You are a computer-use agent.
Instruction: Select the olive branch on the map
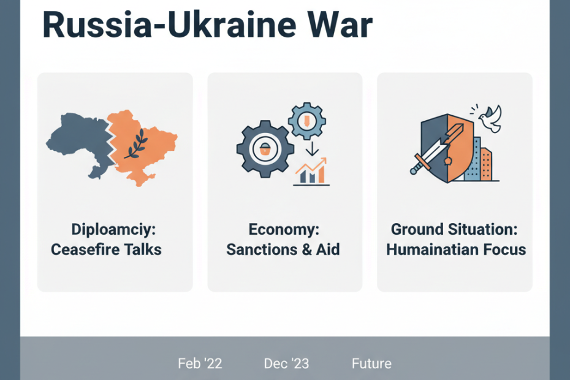(x=136, y=145)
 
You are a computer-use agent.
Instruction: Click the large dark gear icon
(x=265, y=149)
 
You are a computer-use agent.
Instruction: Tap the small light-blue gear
(x=307, y=121)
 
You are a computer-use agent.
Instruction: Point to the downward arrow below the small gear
(x=312, y=149)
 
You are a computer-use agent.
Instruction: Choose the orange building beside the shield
(x=486, y=165)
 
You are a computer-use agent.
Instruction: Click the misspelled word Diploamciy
(x=113, y=229)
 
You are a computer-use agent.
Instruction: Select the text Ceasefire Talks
(x=106, y=250)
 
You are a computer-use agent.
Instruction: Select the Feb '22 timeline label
(x=200, y=363)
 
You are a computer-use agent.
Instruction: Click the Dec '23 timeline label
(x=286, y=363)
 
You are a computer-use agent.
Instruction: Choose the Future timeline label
(x=371, y=363)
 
